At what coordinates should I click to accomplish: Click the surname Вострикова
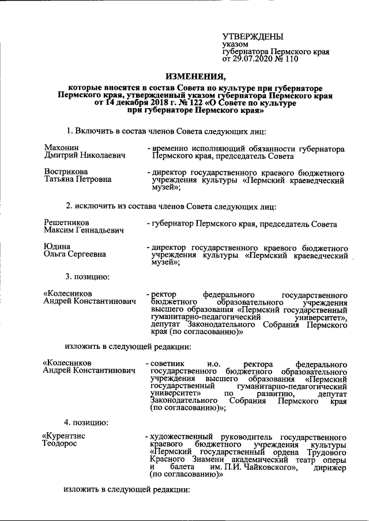coord(66,172)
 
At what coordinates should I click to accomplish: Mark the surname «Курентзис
coord(65,436)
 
